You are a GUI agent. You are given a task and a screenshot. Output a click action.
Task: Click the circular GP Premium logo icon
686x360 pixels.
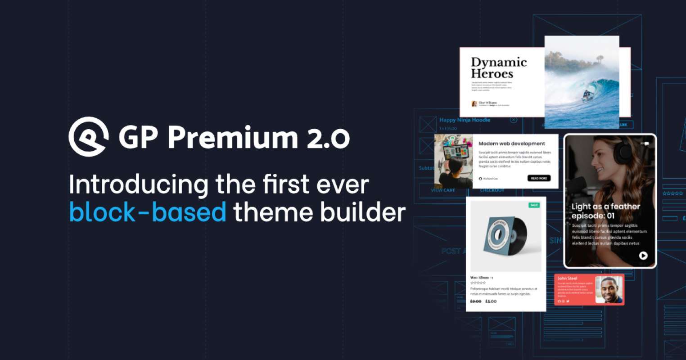tap(88, 136)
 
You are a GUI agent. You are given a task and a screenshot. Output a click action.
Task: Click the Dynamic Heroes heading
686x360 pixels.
tap(498, 68)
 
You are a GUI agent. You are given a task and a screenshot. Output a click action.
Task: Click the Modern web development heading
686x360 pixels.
tap(511, 144)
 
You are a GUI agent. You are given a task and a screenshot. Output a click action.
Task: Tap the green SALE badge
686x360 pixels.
tap(534, 205)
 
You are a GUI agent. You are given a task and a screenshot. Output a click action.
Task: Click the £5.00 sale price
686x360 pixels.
tap(491, 301)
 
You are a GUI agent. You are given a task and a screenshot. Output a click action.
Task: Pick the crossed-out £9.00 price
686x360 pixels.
tap(475, 301)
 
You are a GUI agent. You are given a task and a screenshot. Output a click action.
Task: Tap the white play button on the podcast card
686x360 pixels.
tap(643, 256)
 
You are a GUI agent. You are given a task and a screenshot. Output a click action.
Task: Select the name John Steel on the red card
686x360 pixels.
tap(567, 279)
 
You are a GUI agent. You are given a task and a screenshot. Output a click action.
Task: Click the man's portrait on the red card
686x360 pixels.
tap(608, 289)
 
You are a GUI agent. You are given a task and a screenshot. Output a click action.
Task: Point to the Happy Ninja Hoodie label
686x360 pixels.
tap(465, 120)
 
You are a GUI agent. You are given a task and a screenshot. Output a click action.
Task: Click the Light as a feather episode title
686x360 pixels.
tap(605, 211)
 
